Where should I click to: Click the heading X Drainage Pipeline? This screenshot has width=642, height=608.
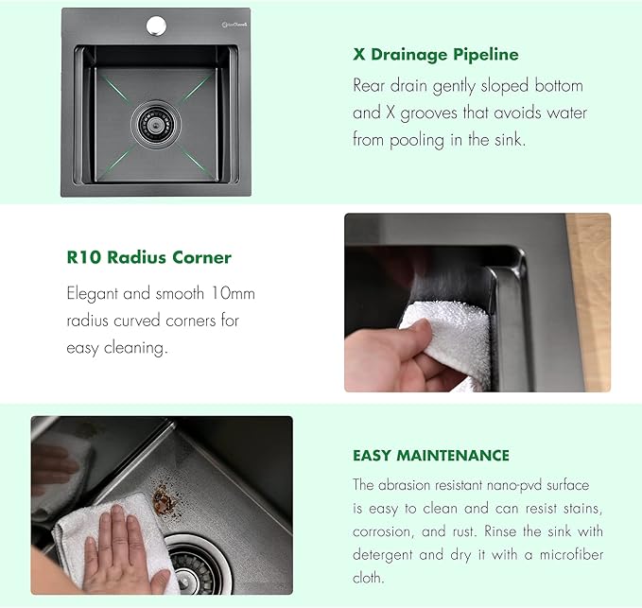click(436, 55)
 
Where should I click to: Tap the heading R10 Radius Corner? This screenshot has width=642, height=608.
click(149, 257)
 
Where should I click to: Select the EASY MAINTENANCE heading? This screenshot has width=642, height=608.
click(431, 455)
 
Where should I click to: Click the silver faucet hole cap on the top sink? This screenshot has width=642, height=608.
click(156, 26)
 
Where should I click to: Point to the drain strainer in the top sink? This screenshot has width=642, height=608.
click(156, 123)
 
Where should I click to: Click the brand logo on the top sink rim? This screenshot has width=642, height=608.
click(234, 25)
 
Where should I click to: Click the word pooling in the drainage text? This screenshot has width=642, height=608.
click(417, 141)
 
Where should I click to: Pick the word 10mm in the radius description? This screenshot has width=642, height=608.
click(233, 293)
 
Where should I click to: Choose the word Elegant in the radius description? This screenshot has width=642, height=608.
click(93, 294)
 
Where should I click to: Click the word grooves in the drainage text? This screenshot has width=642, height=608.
click(428, 113)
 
